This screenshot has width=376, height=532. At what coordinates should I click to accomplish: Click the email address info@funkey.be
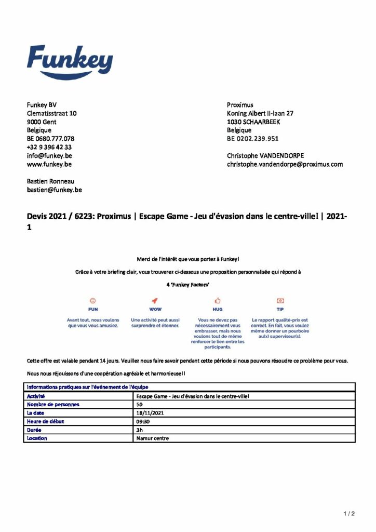[49, 156]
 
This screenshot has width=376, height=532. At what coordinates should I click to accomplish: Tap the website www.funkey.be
[49, 164]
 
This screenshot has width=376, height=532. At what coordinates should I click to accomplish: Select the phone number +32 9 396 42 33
[49, 148]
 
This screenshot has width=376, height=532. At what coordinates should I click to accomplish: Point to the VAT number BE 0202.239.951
[253, 139]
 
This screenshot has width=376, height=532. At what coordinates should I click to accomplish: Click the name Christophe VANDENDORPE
[265, 156]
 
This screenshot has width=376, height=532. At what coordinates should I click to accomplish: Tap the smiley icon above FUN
[93, 300]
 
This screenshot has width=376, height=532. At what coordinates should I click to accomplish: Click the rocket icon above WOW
[155, 300]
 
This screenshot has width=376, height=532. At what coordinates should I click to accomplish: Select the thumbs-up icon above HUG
[218, 300]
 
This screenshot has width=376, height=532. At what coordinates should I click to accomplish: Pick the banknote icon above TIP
[280, 300]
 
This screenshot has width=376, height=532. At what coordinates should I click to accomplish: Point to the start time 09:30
[143, 421]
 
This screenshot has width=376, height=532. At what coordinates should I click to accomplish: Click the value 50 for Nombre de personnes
[140, 404]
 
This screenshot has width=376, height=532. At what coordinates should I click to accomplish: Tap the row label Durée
[34, 430]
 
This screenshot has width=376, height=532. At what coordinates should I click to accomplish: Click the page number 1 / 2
[349, 514]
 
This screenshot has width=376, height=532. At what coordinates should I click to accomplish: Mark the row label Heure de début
[45, 421]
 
